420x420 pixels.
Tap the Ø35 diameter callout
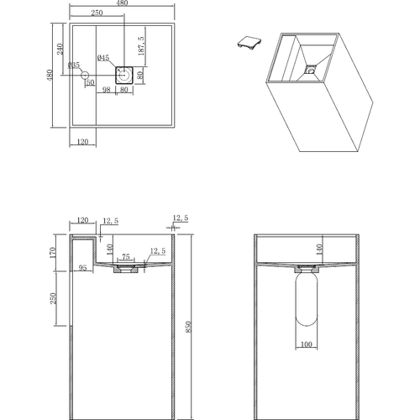click(x=74, y=65)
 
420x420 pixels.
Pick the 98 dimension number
click(x=108, y=90)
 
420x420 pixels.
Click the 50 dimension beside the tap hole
click(x=90, y=82)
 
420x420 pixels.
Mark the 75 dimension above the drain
click(x=125, y=257)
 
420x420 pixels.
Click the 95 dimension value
click(x=82, y=269)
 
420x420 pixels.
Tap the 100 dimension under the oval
click(x=306, y=344)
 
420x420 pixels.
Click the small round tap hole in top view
click(x=85, y=76)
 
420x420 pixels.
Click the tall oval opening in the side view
click(x=306, y=304)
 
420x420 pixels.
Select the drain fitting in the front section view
click(x=126, y=270)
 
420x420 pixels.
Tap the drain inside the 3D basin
click(x=311, y=69)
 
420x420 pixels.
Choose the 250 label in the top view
click(x=97, y=14)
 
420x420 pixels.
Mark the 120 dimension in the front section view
click(x=83, y=220)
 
